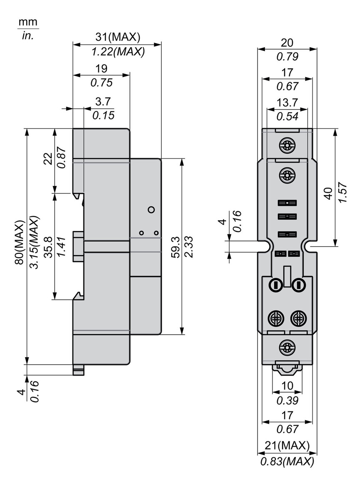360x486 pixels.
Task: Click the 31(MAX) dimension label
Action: click(x=118, y=38)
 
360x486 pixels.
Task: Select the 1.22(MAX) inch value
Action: click(x=118, y=51)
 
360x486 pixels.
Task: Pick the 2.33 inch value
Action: click(x=188, y=246)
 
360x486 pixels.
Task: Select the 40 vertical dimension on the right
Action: click(x=329, y=193)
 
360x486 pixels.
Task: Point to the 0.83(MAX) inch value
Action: click(x=287, y=461)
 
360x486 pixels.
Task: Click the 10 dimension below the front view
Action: click(x=287, y=386)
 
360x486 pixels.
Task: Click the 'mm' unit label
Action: click(x=27, y=22)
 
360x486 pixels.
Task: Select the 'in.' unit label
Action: click(x=27, y=36)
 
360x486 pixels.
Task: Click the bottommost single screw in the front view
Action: click(x=287, y=346)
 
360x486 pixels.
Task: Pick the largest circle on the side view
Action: click(x=151, y=209)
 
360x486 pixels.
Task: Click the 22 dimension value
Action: click(x=47, y=158)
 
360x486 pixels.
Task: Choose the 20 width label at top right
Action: click(x=287, y=43)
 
